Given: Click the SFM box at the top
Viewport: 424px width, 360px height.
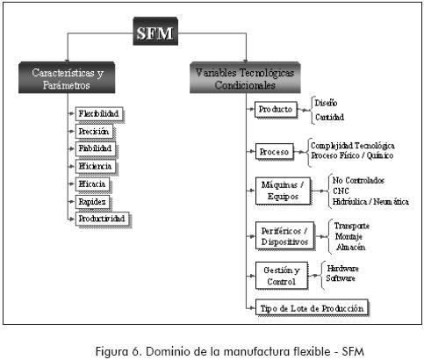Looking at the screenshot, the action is click(x=155, y=32).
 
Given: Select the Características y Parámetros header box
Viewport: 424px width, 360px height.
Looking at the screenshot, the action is click(x=67, y=77).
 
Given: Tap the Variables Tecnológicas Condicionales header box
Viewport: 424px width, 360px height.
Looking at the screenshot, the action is click(x=245, y=77).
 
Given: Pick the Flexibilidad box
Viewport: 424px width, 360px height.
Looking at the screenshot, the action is click(x=99, y=114).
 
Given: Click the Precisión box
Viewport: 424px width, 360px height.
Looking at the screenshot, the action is click(x=94, y=132).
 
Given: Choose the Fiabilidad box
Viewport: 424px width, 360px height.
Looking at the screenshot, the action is click(x=96, y=148).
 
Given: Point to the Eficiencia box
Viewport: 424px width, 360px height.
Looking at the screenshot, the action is click(x=96, y=167).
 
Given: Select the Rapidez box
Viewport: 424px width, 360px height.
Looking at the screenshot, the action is click(x=93, y=202).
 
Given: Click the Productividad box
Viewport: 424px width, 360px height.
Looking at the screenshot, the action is click(x=103, y=219).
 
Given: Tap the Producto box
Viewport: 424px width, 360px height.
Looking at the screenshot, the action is click(x=276, y=110).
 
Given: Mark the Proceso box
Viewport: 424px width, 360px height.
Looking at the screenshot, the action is click(x=275, y=152).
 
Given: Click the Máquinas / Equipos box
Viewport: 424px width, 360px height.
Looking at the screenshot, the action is click(x=283, y=191).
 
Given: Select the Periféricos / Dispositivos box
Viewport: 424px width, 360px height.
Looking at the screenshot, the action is click(x=285, y=236).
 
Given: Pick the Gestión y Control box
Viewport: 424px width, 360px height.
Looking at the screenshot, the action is click(x=282, y=276).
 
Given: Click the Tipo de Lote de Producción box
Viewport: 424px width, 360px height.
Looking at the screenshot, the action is click(x=312, y=307).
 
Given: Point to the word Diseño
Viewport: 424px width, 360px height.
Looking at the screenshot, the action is click(x=326, y=103).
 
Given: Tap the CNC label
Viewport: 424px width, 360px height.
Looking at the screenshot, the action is click(x=341, y=191).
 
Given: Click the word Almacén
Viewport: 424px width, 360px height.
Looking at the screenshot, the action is click(x=350, y=247).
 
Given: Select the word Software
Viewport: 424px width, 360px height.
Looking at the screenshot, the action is click(x=341, y=278).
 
